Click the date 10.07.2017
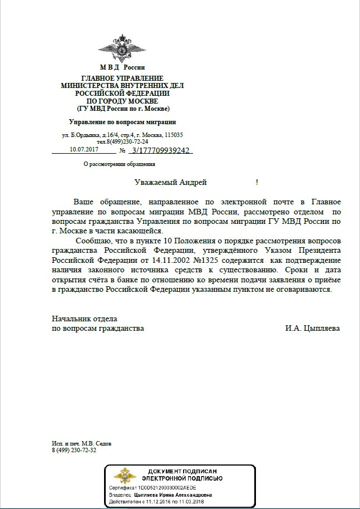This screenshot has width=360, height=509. click(84, 150)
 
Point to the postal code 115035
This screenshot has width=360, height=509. click(174, 135)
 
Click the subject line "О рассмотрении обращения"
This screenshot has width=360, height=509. click(119, 164)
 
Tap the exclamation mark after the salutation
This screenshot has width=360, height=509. click(257, 182)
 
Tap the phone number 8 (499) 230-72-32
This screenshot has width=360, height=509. click(74, 450)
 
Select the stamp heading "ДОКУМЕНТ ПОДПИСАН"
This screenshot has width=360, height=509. click(182, 471)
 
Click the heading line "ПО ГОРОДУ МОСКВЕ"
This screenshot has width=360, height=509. click(122, 101)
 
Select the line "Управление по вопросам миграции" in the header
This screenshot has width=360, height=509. click(122, 122)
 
